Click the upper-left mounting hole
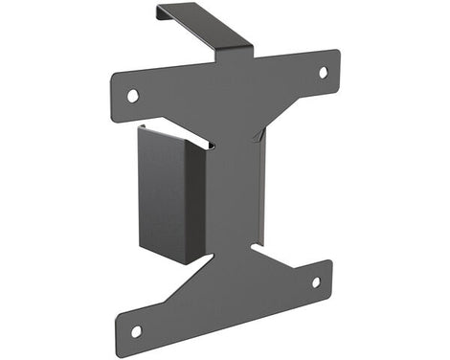point(132,95)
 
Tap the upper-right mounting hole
point(323,72)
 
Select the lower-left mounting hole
point(136,330)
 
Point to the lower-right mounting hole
point(316,282)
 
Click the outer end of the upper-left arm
point(116,91)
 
